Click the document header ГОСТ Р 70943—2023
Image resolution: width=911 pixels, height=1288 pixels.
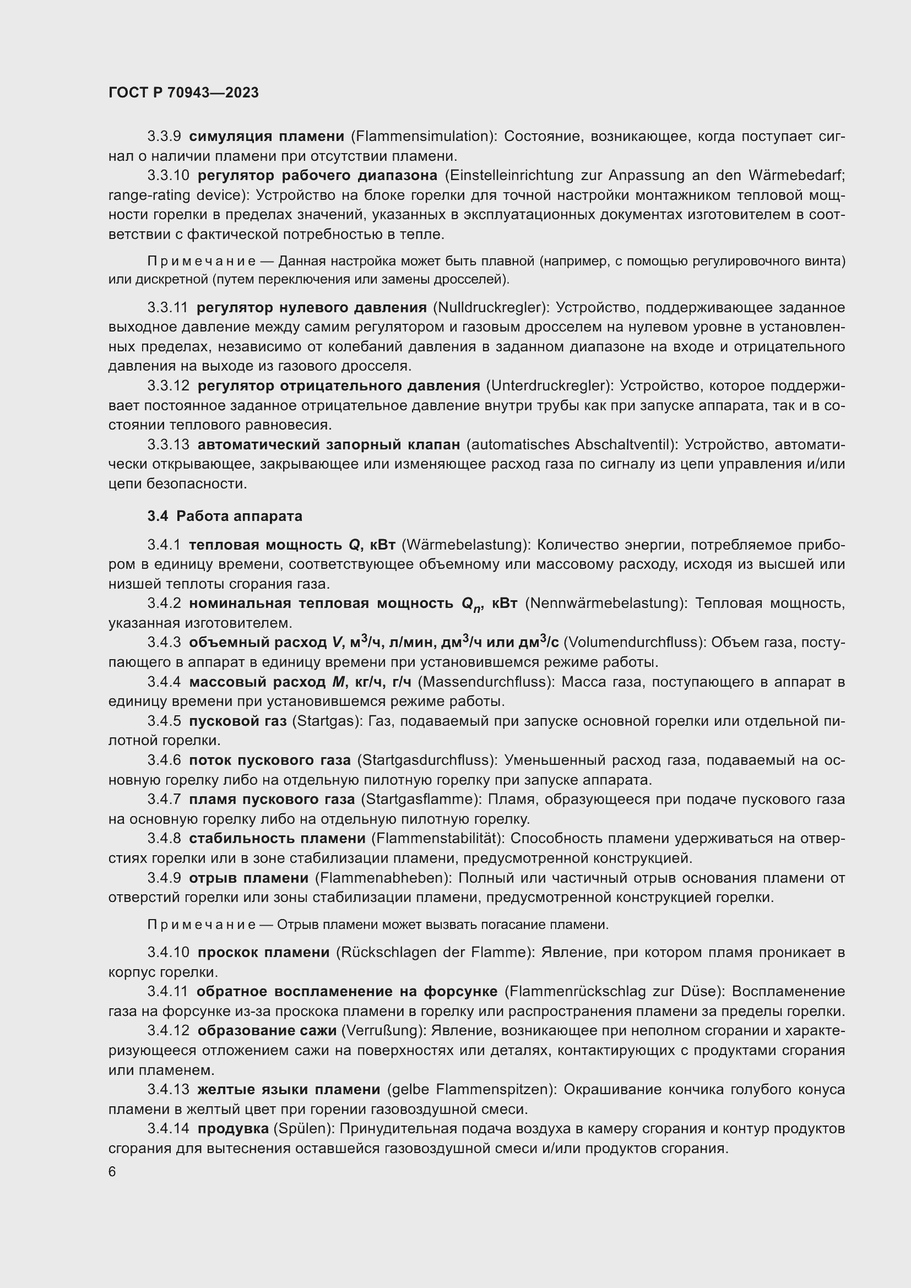pyautogui.click(x=183, y=93)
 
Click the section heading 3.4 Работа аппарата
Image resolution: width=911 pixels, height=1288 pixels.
pyautogui.click(x=225, y=516)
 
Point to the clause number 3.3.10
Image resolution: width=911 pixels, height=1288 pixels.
pyautogui.click(x=169, y=176)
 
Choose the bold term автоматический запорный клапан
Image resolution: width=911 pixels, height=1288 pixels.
pyautogui.click(x=329, y=444)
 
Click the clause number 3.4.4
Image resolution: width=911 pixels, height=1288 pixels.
pyautogui.click(x=164, y=682)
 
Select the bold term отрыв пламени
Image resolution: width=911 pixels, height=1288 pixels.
pyautogui.click(x=248, y=877)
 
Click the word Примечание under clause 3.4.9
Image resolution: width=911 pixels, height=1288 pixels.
pyautogui.click(x=202, y=925)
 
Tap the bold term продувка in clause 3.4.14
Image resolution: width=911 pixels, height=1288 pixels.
pyautogui.click(x=233, y=1128)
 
